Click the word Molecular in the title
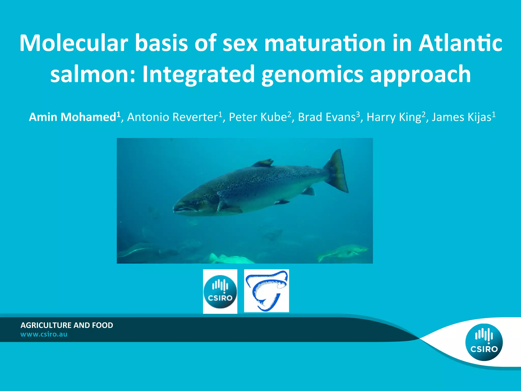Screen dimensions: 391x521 (74, 43)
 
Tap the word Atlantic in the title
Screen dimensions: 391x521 (460, 43)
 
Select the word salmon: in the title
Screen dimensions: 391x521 (93, 74)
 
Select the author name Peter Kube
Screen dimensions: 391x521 (258, 117)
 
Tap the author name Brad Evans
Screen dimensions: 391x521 (327, 117)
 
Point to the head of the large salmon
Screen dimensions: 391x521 (193, 201)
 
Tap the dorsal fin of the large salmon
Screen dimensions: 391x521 (263, 163)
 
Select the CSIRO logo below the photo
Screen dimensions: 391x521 (220, 291)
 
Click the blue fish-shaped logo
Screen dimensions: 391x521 (266, 291)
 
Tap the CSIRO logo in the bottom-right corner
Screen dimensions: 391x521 (484, 342)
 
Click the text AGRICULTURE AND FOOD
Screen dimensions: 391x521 (67, 325)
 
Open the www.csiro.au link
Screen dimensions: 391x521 (44, 334)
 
